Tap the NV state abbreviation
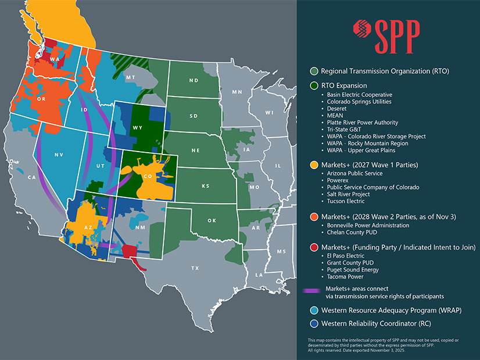tap(59, 155)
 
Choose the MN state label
tap(237, 92)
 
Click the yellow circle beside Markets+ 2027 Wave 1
tap(314, 165)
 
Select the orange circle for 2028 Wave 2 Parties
tap(314, 217)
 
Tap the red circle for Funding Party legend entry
tap(314, 247)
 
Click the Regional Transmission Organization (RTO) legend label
tap(385, 71)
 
